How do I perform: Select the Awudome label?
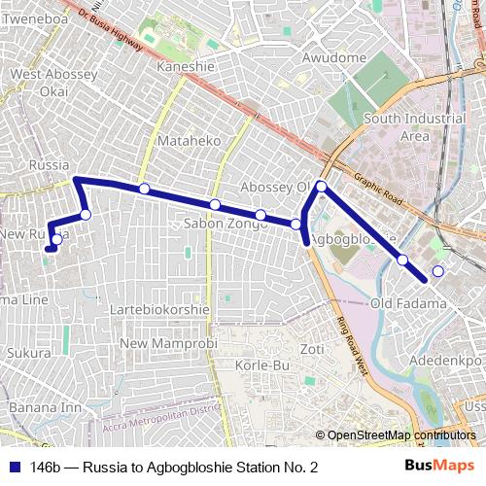tap(333, 58)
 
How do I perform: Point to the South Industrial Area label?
tap(414, 127)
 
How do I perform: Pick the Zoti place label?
tap(311, 349)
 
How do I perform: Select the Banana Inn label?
tap(46, 407)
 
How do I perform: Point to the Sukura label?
tap(28, 353)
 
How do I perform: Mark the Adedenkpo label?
tap(446, 360)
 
